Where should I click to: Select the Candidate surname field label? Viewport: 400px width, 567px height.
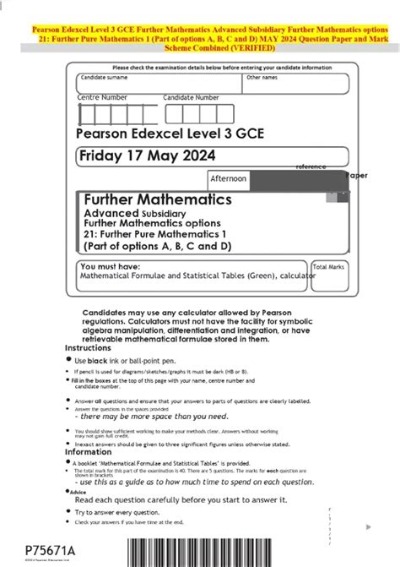tap(105, 77)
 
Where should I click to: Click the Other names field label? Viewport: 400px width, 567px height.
tap(262, 77)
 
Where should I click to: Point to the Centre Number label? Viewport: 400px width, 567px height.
tap(102, 97)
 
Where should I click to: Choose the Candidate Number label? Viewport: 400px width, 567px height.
tap(191, 97)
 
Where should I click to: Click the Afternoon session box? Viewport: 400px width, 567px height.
tap(229, 179)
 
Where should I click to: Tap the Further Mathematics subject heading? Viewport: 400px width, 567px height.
tap(158, 199)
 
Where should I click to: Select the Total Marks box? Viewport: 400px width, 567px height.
tap(329, 266)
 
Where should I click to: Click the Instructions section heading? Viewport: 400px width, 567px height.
tap(88, 348)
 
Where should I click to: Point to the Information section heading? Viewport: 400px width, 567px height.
tap(89, 451)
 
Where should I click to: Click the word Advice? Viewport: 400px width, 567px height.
tap(78, 492)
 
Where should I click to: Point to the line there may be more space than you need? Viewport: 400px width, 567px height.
tap(151, 417)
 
